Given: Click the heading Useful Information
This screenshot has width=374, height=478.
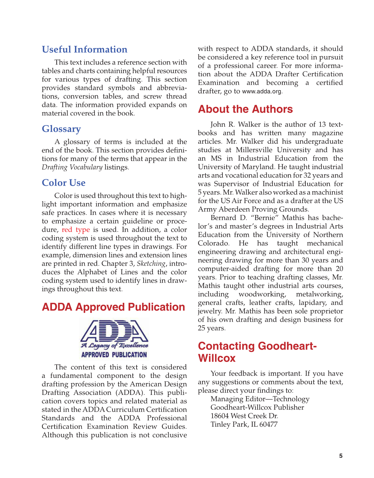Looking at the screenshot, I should [x=85, y=49].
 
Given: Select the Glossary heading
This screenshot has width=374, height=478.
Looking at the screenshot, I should [x=61, y=129].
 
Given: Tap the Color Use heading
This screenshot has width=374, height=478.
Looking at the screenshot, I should [x=63, y=183].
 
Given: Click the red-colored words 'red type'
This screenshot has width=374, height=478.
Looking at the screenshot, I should [x=76, y=230].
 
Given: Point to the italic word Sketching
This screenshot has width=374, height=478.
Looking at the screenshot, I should [x=151, y=264].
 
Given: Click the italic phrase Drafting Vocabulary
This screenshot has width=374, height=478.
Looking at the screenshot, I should [x=72, y=167].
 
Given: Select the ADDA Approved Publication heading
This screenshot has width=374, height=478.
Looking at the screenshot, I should [x=113, y=307].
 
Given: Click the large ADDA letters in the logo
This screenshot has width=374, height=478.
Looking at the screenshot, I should [x=114, y=331].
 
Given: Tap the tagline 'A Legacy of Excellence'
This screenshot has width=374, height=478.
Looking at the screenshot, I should [x=114, y=346].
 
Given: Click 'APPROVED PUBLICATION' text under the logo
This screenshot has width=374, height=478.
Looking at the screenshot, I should [x=114, y=355].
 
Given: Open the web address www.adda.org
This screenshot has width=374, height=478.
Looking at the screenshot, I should [x=262, y=91].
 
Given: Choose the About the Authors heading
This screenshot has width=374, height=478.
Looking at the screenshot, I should [x=245, y=109].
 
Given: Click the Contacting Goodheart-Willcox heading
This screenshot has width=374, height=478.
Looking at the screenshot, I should [x=257, y=352].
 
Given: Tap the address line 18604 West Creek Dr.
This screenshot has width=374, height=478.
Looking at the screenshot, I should [x=244, y=416].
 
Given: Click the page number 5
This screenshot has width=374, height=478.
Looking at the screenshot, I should [x=341, y=456].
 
